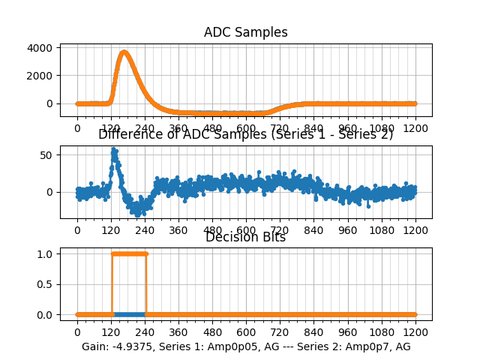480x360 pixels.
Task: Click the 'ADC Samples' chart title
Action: coord(245,32)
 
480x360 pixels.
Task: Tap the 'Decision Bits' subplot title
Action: coord(245,238)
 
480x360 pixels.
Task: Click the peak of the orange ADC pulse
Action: coord(124,52)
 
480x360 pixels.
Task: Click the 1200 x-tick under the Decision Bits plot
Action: coord(415,331)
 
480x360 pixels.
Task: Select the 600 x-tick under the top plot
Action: coord(246,128)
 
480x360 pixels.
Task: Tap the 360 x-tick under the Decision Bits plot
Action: coord(178,331)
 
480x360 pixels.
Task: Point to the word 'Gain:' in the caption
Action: coord(97,346)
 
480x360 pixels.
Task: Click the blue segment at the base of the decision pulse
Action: coord(129,314)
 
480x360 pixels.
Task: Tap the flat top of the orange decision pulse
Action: coord(129,253)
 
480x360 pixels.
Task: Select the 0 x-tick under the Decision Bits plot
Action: coord(77,331)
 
